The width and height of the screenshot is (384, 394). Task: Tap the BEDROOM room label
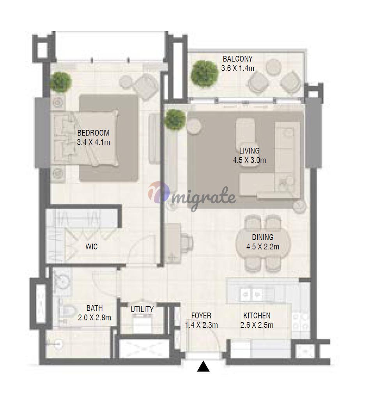(93, 133)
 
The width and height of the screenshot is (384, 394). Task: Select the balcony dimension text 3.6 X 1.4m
(237, 68)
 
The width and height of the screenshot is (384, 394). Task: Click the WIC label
(91, 247)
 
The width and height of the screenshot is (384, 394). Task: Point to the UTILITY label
(142, 309)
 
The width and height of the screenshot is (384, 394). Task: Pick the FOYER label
(201, 316)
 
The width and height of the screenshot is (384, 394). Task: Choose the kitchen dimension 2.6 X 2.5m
(257, 325)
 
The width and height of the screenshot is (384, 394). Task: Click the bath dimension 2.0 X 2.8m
(94, 318)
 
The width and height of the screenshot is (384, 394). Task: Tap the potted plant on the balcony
(204, 74)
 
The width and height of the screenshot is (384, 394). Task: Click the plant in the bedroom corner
(60, 82)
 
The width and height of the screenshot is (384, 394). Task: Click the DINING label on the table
(263, 237)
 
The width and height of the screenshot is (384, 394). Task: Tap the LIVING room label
(249, 151)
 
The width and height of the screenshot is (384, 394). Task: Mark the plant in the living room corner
(175, 120)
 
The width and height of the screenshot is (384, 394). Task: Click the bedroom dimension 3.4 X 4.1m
(93, 142)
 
